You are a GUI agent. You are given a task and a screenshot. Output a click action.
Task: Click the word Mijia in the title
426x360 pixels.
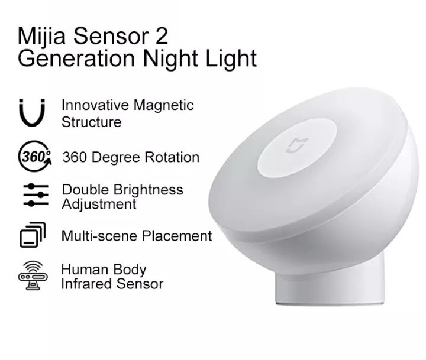(41, 36)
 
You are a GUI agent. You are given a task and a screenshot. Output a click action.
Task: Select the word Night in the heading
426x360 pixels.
(170, 59)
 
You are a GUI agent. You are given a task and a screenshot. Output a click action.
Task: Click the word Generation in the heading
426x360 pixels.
(76, 59)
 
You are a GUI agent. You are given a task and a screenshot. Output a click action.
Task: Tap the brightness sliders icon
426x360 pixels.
(35, 195)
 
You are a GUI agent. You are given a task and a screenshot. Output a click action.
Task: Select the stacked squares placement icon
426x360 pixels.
(33, 235)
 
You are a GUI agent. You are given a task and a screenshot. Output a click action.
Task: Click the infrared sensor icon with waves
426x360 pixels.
(33, 275)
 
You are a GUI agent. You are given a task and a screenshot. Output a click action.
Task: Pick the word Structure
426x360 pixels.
(91, 122)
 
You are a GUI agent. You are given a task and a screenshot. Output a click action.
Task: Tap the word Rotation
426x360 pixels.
(172, 157)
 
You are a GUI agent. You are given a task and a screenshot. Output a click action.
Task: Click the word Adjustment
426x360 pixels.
(99, 205)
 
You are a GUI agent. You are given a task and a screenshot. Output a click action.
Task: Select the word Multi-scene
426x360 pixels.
(100, 236)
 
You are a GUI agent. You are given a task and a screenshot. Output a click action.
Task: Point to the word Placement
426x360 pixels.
(177, 236)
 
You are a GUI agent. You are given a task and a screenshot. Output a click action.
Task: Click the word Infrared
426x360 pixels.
(86, 284)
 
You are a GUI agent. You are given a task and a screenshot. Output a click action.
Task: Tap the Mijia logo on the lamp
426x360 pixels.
(298, 145)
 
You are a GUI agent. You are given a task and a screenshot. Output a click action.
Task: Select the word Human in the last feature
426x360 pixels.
(85, 270)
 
